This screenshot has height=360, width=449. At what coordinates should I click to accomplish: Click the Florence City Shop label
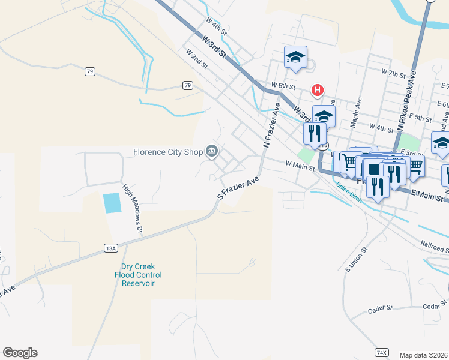168,152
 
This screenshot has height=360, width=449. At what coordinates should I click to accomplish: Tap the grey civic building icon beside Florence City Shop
212,151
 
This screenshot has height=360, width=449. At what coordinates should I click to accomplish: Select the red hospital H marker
317,91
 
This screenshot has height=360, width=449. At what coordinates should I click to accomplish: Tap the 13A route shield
110,247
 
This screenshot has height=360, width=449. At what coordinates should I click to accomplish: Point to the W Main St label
300,165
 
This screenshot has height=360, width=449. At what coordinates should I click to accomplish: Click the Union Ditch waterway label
349,192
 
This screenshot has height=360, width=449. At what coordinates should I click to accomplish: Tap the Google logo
20,353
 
